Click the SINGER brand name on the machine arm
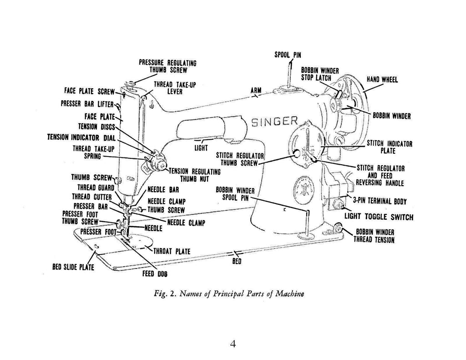pyautogui.click(x=275, y=122)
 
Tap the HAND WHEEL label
pyautogui.click(x=382, y=80)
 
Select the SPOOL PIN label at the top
pyautogui.click(x=288, y=55)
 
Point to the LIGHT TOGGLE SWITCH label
pyautogui.click(x=379, y=217)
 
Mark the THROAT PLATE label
pyautogui.click(x=172, y=251)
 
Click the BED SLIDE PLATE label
pyautogui.click(x=73, y=267)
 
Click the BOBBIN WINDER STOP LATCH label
pyautogui.click(x=320, y=74)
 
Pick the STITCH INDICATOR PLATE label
pyautogui.click(x=390, y=147)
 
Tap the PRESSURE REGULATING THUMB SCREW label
pyautogui.click(x=167, y=66)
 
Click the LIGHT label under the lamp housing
pyautogui.click(x=201, y=147)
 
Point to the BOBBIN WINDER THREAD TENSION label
pyautogui.click(x=375, y=235)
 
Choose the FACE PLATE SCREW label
pyautogui.click(x=86, y=92)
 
